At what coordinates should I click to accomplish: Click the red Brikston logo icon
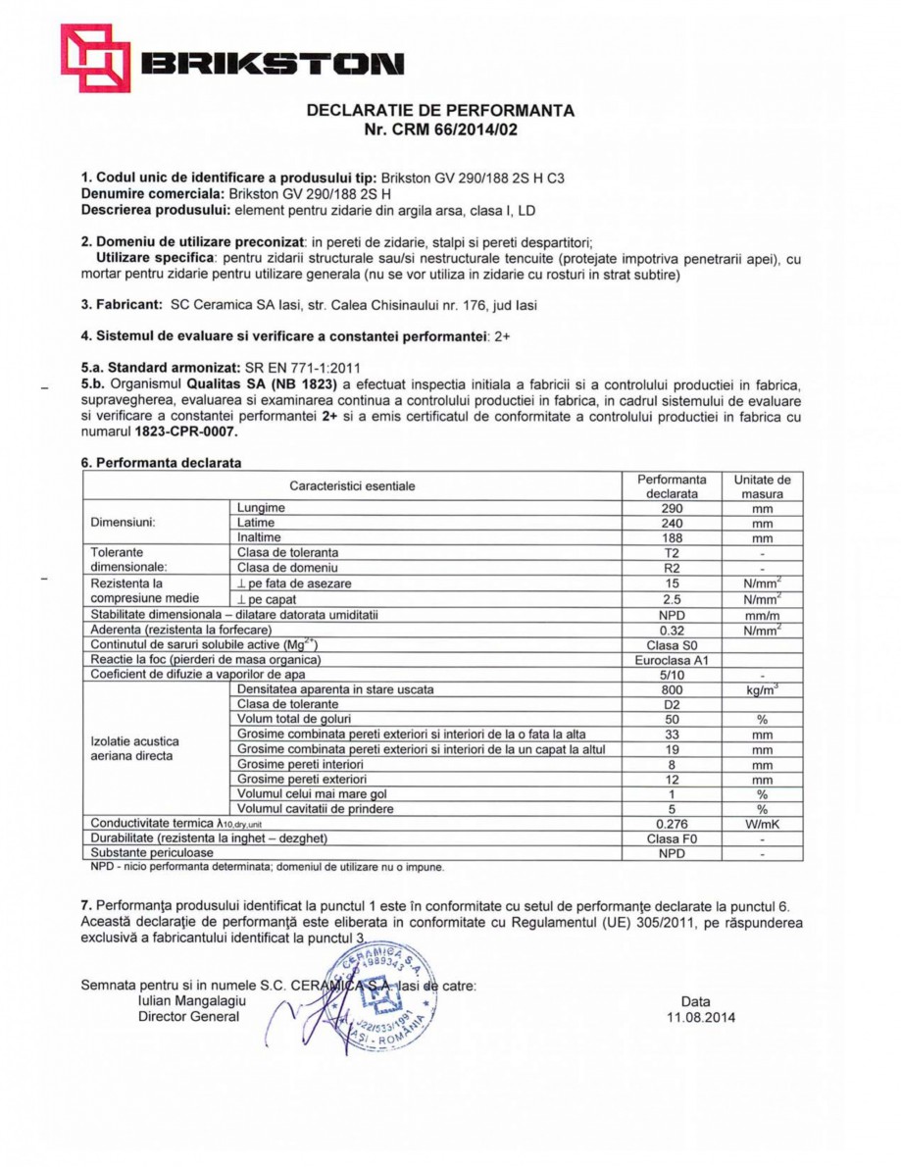point(95,58)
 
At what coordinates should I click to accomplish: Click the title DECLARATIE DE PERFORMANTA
point(440,111)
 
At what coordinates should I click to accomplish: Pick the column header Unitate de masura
point(762,487)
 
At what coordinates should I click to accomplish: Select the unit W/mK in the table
point(762,824)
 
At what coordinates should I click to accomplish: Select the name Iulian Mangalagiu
point(193,1001)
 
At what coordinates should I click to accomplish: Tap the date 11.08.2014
point(699,1017)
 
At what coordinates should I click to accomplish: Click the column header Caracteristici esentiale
point(352,486)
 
